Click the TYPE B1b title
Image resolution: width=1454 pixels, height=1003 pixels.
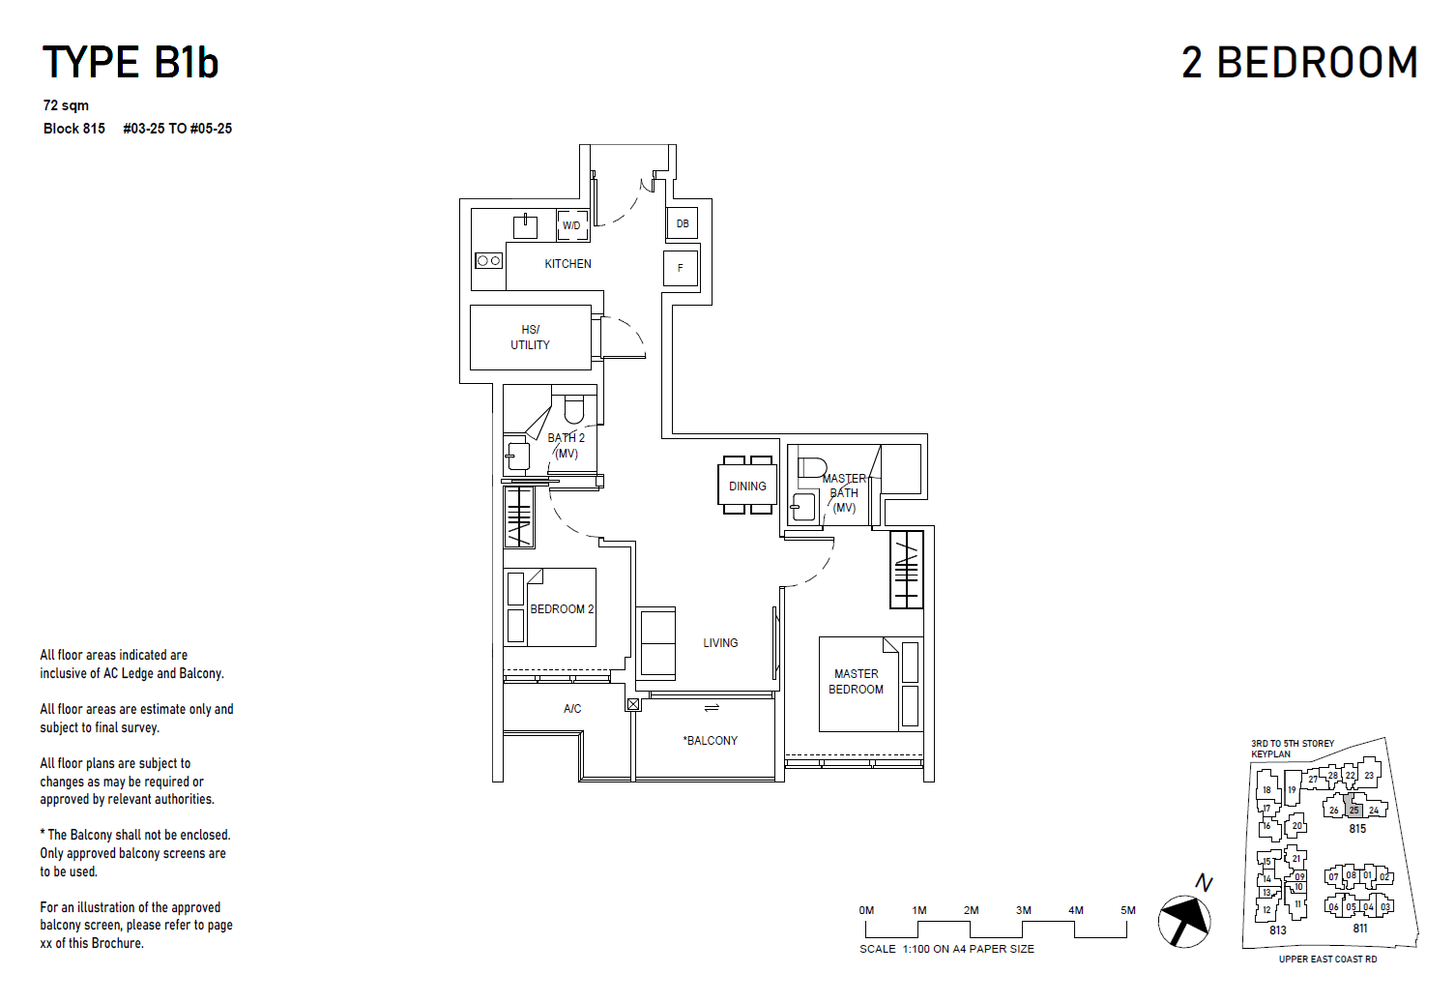[131, 63]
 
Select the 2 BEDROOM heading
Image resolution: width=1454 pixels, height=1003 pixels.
[1299, 63]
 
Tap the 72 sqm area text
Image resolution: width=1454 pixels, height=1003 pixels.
[66, 105]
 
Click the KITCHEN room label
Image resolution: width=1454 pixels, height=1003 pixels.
[567, 264]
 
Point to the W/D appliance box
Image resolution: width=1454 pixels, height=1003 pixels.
[572, 225]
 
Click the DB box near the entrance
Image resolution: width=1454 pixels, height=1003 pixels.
[683, 224]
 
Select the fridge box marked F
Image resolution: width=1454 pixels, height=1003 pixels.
[681, 268]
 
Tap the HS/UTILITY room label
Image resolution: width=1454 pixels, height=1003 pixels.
[530, 338]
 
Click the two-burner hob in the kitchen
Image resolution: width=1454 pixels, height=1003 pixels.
[488, 260]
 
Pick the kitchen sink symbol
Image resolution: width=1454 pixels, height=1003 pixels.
[525, 227]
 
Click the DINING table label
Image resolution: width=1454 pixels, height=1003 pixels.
[747, 487]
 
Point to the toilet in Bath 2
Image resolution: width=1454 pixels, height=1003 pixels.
[574, 409]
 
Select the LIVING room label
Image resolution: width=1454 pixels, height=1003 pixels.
[720, 643]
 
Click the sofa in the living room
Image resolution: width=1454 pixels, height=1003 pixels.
[657, 642]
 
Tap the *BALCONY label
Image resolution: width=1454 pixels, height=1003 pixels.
[711, 741]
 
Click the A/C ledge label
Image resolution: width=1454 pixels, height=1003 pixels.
[572, 709]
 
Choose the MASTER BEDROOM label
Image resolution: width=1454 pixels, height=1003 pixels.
[856, 682]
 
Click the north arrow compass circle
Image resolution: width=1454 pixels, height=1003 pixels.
[1184, 921]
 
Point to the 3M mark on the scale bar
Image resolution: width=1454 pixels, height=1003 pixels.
[1023, 911]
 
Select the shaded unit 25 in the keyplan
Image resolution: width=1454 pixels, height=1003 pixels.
[1353, 810]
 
